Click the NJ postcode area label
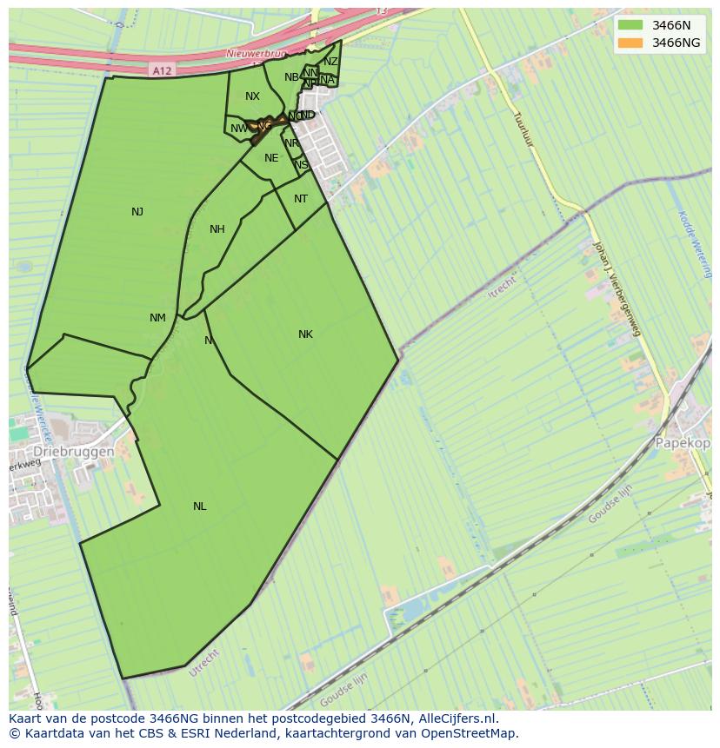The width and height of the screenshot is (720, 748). [137, 212]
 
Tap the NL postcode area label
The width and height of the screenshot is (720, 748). [200, 506]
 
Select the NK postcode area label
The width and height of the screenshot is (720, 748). [305, 334]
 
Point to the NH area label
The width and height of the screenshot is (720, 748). [217, 229]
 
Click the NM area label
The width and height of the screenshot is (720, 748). [157, 318]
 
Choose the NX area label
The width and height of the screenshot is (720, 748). [252, 96]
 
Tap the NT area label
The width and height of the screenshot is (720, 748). [301, 199]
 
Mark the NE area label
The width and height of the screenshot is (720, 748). [271, 158]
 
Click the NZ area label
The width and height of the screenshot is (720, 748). [330, 62]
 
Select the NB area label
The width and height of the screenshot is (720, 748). [291, 77]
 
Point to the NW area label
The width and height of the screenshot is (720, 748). [237, 129]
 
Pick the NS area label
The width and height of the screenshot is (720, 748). [301, 165]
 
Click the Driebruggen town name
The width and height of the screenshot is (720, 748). [74, 453]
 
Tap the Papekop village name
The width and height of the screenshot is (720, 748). [683, 442]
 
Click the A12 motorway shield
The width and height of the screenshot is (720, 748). [161, 70]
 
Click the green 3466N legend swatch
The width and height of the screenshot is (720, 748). [630, 24]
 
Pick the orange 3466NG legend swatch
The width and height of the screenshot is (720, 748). [630, 43]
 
